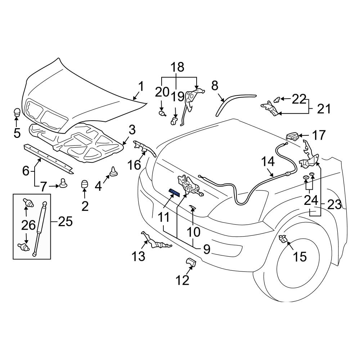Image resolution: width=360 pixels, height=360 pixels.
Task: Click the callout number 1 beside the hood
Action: tap(141, 87)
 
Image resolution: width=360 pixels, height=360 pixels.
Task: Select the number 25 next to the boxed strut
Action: tap(65, 221)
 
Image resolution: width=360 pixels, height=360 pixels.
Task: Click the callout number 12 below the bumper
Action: tap(183, 280)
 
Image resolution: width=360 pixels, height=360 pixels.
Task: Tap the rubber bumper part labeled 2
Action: tap(84, 185)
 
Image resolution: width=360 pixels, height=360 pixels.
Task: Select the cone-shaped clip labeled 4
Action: tap(114, 172)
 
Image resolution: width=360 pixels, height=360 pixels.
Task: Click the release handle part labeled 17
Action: tap(292, 136)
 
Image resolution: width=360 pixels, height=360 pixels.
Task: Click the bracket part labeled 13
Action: tap(156, 242)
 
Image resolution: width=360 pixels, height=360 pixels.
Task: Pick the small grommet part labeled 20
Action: tap(162, 114)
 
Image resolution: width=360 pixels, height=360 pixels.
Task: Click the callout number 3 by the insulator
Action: tap(132, 130)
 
